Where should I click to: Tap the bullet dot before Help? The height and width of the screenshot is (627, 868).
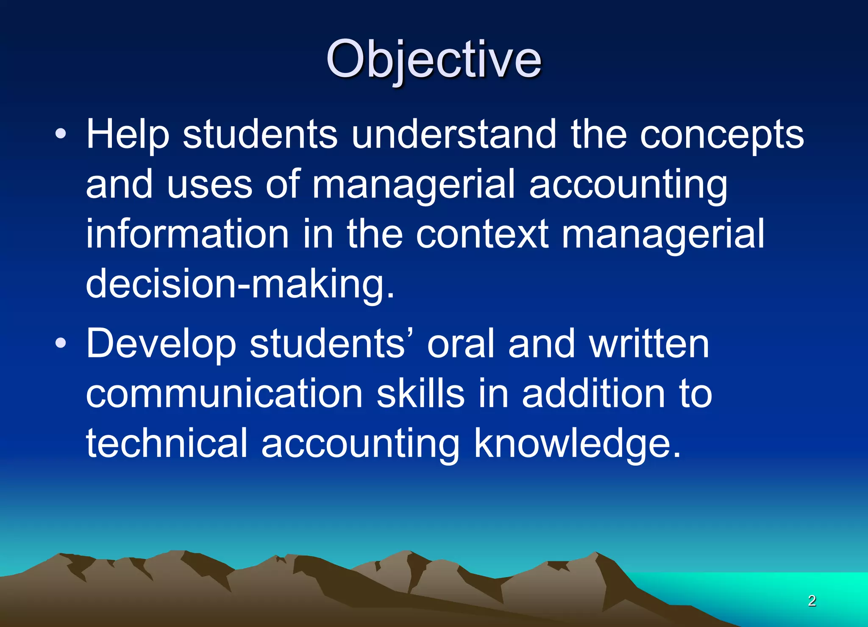61,134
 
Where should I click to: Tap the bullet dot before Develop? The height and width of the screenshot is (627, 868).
61,343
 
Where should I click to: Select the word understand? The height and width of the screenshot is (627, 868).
453,135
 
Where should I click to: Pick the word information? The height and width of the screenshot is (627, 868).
187,234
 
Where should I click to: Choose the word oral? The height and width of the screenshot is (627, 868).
461,344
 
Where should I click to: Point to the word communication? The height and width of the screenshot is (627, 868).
224,394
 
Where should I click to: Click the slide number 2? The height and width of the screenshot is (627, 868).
812,601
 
